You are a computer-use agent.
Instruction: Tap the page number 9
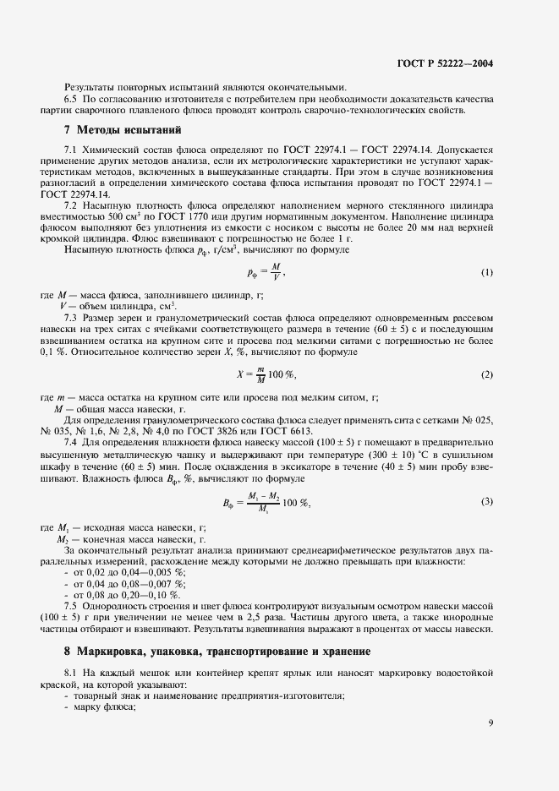491,723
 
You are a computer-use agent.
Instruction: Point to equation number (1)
486,272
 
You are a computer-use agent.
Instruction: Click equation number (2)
486,374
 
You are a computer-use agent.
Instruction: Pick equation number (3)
486,502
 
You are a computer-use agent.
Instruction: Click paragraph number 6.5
72,99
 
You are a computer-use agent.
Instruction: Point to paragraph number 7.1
72,150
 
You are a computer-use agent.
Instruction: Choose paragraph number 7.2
72,205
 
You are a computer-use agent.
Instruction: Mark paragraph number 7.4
72,439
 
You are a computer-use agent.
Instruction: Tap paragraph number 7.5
72,606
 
